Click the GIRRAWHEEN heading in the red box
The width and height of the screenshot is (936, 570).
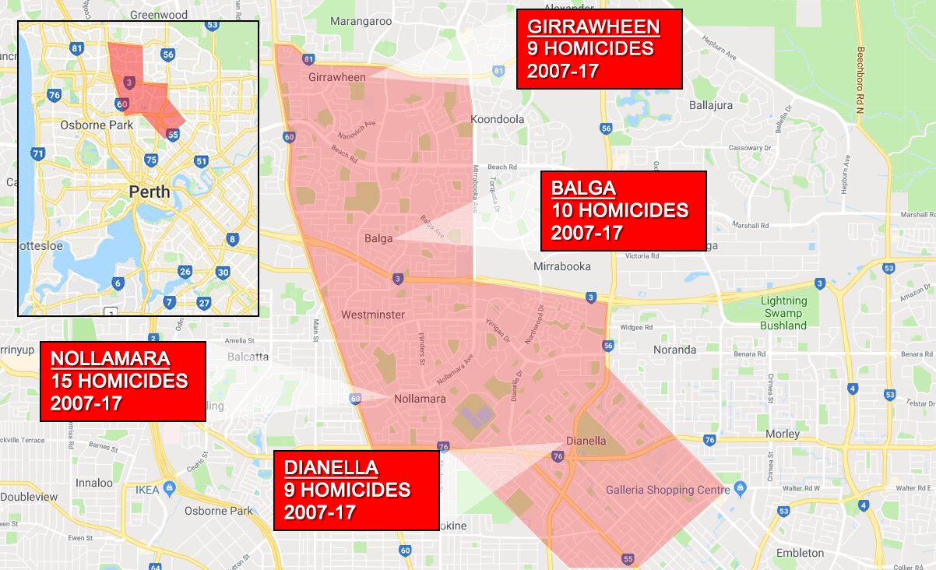tap(593, 26)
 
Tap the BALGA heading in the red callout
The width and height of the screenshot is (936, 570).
tap(583, 188)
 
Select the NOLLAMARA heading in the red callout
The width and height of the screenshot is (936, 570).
tap(110, 359)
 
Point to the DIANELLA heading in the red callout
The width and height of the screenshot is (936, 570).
tap(331, 468)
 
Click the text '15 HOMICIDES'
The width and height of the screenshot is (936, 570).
tap(119, 382)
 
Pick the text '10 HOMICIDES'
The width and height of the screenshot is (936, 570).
tap(620, 210)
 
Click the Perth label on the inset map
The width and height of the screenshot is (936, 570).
tap(150, 191)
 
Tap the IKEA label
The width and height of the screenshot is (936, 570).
tap(147, 490)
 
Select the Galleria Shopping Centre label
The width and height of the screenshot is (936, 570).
tap(668, 490)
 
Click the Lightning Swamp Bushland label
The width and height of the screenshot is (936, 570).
tap(783, 313)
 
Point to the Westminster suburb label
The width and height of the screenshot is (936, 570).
tap(373, 315)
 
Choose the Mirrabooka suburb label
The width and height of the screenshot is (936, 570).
tap(561, 266)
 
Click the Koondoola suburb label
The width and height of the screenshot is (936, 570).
tap(498, 119)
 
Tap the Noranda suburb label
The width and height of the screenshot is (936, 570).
tap(674, 350)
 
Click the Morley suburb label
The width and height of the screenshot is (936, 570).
tap(782, 434)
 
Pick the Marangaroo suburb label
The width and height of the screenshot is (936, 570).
tap(361, 21)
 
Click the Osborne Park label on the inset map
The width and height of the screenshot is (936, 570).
tap(97, 125)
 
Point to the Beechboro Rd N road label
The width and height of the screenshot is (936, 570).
tap(860, 86)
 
